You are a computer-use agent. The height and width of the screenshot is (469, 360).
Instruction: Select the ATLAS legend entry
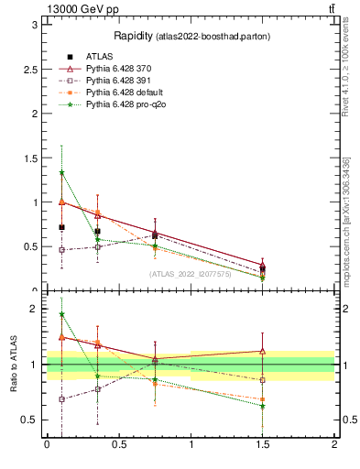click(x=100, y=58)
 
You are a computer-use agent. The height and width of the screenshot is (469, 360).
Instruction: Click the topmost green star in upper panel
click(x=61, y=172)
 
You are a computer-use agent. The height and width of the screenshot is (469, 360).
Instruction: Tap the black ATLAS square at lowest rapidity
click(x=61, y=227)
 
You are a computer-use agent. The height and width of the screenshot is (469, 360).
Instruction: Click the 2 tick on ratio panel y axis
click(x=33, y=309)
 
